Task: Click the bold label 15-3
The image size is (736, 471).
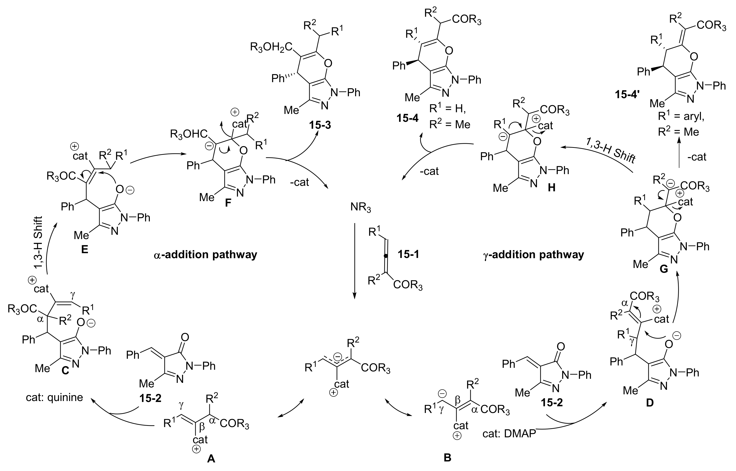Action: (x=320, y=125)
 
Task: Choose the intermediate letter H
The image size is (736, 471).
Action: (x=551, y=187)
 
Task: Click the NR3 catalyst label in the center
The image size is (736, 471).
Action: (x=360, y=208)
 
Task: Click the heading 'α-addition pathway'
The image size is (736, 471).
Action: (x=205, y=254)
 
